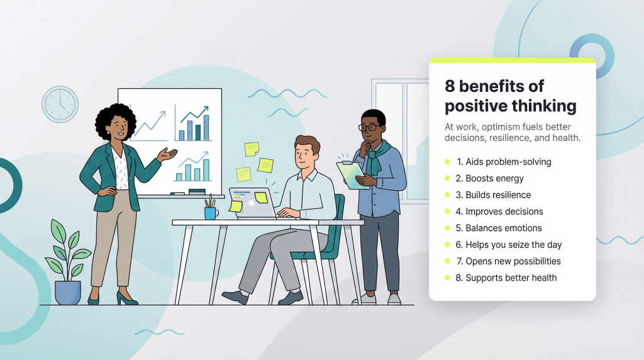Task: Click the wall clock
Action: (x=60, y=104)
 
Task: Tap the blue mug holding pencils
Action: (x=211, y=213)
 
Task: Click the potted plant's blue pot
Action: (x=68, y=293)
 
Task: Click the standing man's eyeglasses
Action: (x=370, y=127)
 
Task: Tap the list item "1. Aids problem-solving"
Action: (x=504, y=162)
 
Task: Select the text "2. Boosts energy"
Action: (x=489, y=178)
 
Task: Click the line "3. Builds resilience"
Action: (x=493, y=195)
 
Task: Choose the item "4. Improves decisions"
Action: (x=499, y=211)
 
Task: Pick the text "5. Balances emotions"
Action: (x=499, y=228)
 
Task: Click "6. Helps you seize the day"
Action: (x=508, y=245)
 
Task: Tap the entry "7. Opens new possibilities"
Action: (x=508, y=261)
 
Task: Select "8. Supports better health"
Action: (x=506, y=278)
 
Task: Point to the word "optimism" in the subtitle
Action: (x=499, y=127)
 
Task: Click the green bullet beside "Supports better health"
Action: (x=447, y=278)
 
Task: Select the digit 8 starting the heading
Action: (x=450, y=86)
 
